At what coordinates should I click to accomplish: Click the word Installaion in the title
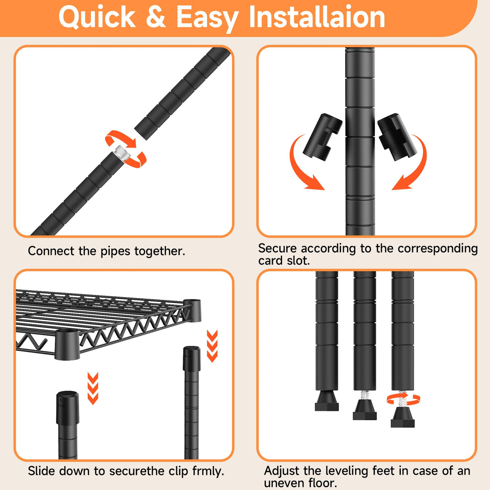pyautogui.click(x=317, y=17)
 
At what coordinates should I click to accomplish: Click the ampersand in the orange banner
pyautogui.click(x=156, y=17)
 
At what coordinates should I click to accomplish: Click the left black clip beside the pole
pyautogui.click(x=322, y=137)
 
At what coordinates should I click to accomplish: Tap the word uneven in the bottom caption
pyautogui.click(x=283, y=483)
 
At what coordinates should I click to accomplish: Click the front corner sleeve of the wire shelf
pyautogui.click(x=67, y=344)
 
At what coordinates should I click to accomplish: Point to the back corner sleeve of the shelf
pyautogui.click(x=193, y=310)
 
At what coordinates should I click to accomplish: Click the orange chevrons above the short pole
pyautogui.click(x=93, y=388)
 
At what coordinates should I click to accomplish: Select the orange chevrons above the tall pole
pyautogui.click(x=212, y=346)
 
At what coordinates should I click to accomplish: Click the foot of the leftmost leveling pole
pyautogui.click(x=327, y=401)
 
